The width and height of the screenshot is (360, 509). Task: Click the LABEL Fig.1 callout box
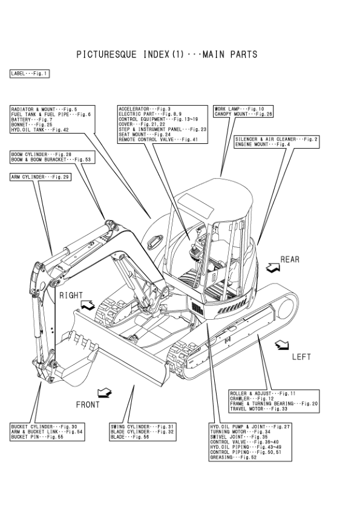point(30,74)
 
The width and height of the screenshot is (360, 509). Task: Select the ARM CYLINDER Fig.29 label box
point(41,177)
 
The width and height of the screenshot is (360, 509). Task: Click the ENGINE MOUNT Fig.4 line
point(263,144)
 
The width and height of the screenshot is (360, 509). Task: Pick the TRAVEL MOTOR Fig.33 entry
point(258,409)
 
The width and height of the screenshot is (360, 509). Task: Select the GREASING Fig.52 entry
point(234,458)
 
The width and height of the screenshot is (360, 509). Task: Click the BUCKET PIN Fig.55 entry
point(37,437)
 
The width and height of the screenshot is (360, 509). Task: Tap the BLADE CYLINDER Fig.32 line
point(142,432)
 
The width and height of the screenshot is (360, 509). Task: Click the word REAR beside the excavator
point(290,259)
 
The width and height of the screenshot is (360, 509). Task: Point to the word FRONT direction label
point(88,405)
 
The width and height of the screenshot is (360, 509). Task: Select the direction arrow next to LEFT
point(282,345)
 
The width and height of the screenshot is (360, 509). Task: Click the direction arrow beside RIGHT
point(87,305)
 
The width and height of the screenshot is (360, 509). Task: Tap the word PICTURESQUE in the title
point(106,54)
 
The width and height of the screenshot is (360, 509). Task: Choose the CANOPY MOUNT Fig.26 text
point(243,114)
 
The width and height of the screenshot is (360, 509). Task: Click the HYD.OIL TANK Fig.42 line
point(40,130)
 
